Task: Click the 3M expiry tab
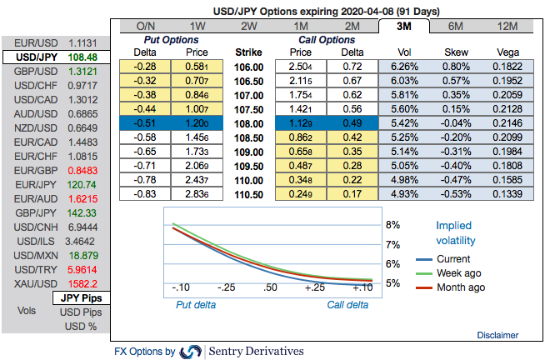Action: [x=402, y=26]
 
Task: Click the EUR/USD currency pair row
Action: [x=55, y=42]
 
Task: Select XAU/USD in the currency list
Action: [x=55, y=283]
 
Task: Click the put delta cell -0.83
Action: [x=147, y=193]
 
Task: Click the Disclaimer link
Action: [x=498, y=334]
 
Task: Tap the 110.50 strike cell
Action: [x=250, y=193]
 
